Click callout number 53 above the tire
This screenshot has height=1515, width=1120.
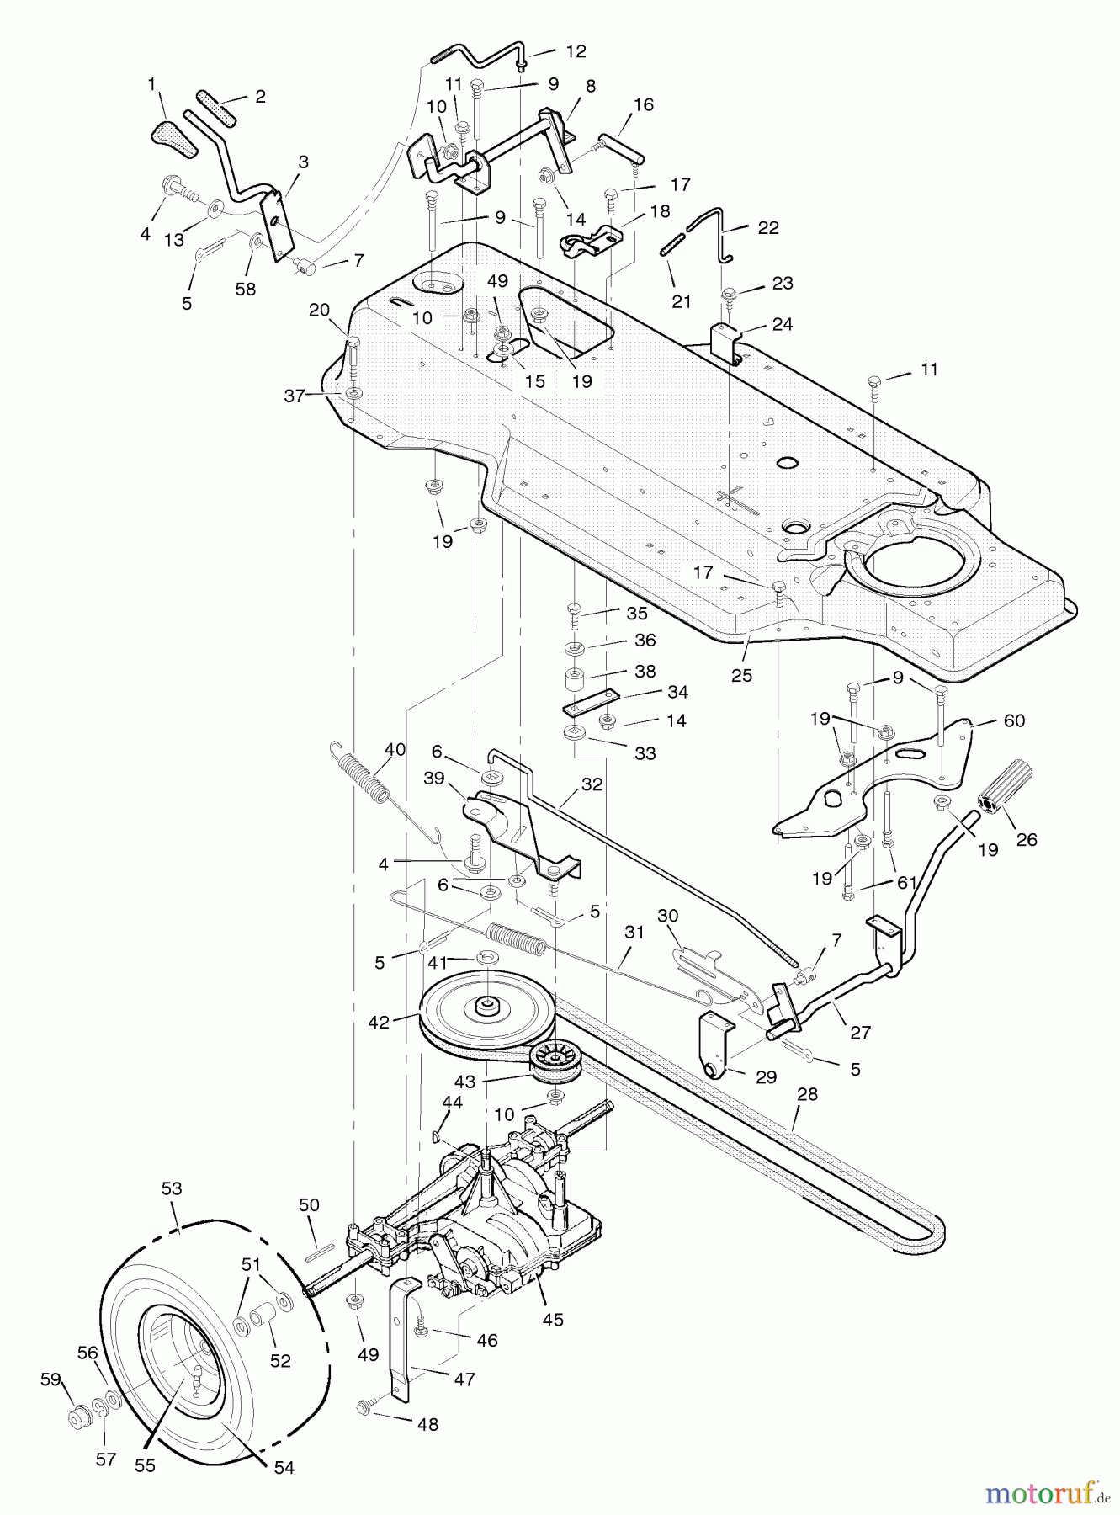click(172, 1189)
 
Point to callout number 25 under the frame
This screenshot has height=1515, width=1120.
click(741, 675)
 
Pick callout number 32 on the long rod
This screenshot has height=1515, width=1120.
click(592, 784)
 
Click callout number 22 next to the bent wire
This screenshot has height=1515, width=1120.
click(767, 227)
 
